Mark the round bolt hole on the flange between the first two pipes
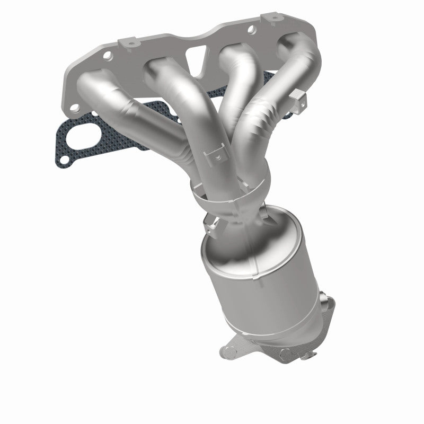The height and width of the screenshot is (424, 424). [x=108, y=56]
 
